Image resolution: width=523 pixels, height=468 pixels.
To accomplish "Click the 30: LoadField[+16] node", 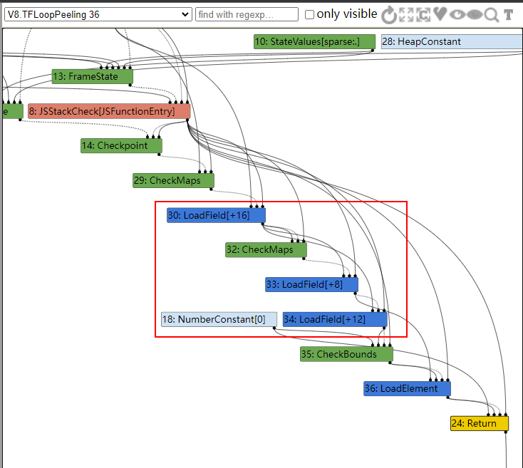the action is click(x=216, y=215).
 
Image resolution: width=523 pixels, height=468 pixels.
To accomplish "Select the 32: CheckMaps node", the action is click(x=266, y=249).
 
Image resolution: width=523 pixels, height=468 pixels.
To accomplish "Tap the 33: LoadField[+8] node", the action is click(x=311, y=284).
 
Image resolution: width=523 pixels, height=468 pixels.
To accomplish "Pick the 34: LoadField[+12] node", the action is click(x=335, y=319).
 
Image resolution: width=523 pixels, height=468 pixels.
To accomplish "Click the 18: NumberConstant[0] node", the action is click(x=219, y=319).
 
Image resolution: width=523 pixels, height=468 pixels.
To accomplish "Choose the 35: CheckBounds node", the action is click(x=346, y=354).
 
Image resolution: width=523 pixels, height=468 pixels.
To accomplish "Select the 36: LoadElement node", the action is click(x=407, y=389).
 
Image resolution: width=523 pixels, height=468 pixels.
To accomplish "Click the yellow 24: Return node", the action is click(x=480, y=423).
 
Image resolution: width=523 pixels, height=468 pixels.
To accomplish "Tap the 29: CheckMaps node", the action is click(x=173, y=180).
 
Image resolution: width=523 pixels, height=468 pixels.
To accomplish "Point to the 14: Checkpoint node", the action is click(x=121, y=145).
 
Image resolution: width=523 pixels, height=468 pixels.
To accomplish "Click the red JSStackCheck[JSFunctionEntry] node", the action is click(x=109, y=111).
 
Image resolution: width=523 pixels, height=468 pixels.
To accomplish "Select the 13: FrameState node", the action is click(x=93, y=76).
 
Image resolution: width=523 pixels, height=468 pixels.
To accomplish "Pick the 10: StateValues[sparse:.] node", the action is click(x=314, y=41).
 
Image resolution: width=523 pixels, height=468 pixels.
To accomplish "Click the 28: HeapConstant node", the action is click(x=452, y=41).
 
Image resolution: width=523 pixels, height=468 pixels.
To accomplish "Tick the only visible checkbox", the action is click(x=309, y=15).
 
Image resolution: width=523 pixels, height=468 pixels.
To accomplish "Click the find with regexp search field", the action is click(x=247, y=14).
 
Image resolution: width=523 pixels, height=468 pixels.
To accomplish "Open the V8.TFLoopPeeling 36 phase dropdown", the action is click(x=98, y=14).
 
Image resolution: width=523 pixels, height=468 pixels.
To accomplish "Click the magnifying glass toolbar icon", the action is click(x=492, y=15).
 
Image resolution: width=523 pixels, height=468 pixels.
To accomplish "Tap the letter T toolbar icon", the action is click(x=508, y=15).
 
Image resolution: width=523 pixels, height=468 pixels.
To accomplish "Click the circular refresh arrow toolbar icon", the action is click(x=389, y=15).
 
